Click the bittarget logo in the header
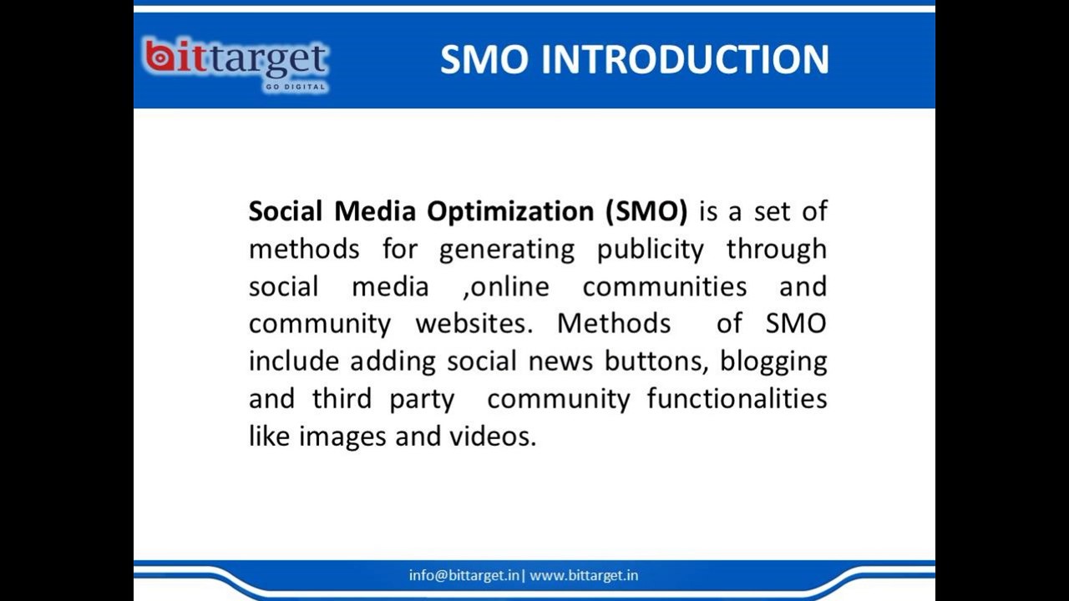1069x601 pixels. (x=236, y=65)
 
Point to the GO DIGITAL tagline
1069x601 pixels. (x=296, y=87)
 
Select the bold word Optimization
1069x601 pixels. (x=510, y=212)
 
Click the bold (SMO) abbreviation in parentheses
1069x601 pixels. (x=646, y=212)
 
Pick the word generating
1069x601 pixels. (x=507, y=250)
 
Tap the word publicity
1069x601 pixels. (x=651, y=250)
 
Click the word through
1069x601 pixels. (x=777, y=250)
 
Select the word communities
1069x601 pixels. (x=665, y=286)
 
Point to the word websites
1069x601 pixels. (x=474, y=324)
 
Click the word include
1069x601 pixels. (x=294, y=361)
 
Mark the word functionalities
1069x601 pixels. (x=737, y=399)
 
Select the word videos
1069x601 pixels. (x=493, y=437)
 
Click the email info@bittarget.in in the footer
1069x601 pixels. (x=464, y=576)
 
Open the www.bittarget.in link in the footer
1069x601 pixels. (x=584, y=576)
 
